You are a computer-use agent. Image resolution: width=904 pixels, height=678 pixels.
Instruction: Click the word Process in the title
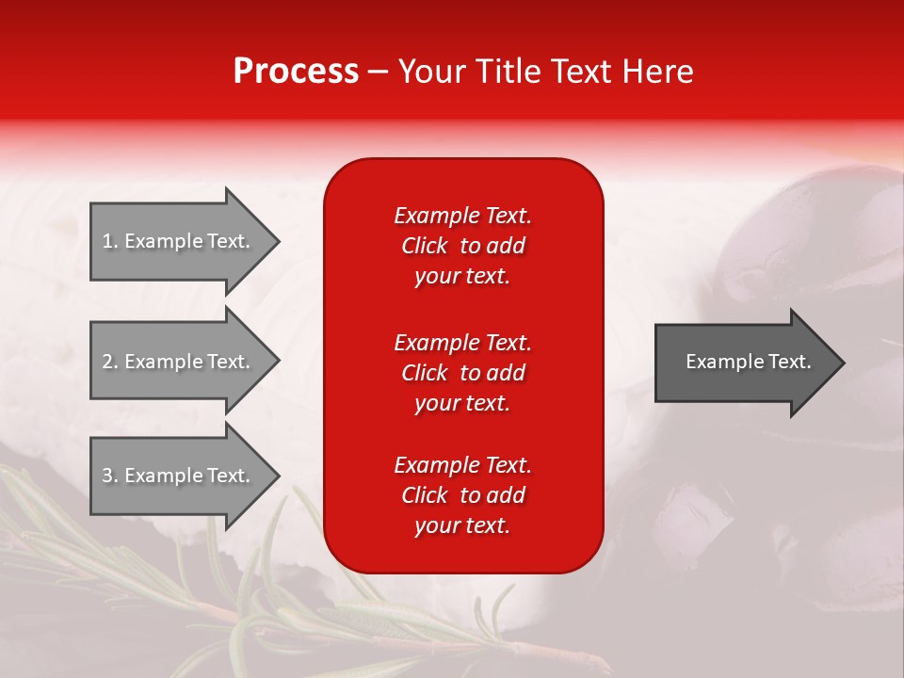pos(296,72)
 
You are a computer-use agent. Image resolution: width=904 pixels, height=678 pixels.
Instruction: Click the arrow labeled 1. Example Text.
pos(185,242)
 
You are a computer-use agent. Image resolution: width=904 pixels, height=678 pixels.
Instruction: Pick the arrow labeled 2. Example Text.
pos(185,361)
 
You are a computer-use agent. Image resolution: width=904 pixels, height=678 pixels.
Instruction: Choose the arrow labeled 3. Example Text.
pos(185,476)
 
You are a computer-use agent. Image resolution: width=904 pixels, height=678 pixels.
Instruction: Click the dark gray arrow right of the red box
pos(750,363)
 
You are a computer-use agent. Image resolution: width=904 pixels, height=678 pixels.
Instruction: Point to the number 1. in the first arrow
pos(110,241)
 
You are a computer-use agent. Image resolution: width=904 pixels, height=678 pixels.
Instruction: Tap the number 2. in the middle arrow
pos(110,362)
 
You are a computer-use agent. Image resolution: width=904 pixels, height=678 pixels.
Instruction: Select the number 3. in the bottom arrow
pos(110,476)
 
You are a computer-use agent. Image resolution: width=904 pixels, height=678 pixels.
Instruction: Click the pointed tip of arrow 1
pos(280,242)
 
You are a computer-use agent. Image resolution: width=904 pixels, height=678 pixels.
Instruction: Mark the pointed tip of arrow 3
pos(280,476)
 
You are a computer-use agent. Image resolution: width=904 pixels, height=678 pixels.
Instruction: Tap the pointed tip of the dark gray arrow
pos(845,363)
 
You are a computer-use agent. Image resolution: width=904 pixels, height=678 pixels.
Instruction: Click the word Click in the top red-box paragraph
pos(425,246)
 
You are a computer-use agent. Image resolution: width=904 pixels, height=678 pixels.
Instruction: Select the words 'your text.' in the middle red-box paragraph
pos(462,404)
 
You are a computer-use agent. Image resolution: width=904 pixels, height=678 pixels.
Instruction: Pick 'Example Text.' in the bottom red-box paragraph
pos(462,464)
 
